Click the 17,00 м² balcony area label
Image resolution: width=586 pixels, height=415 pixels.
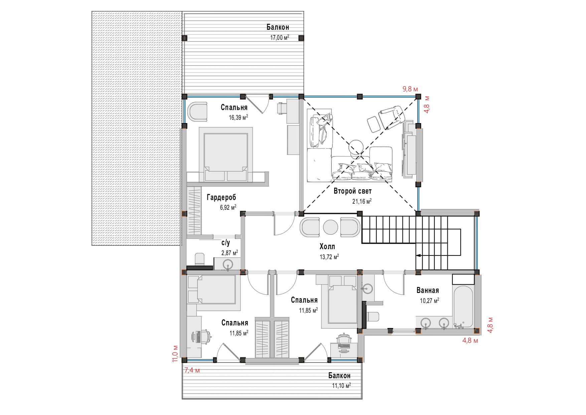(x=280, y=38)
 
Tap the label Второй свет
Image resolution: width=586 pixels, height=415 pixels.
(x=352, y=191)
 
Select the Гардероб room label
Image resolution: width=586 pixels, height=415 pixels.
(x=221, y=197)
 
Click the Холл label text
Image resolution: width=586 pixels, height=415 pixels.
(x=327, y=247)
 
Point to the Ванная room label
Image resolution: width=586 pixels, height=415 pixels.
(x=427, y=290)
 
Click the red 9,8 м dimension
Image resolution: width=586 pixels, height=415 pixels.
(x=410, y=89)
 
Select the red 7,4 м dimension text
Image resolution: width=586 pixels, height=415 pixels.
(x=192, y=370)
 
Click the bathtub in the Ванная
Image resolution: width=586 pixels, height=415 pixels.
(x=463, y=306)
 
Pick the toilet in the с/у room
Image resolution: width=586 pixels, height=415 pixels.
(x=199, y=260)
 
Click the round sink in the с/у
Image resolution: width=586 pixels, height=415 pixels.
(x=228, y=264)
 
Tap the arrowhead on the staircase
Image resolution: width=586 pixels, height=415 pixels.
(x=418, y=255)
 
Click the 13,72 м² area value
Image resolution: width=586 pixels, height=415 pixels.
(x=329, y=257)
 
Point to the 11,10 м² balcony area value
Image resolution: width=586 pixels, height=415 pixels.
(x=341, y=386)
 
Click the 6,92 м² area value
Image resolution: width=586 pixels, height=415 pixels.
(x=228, y=207)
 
